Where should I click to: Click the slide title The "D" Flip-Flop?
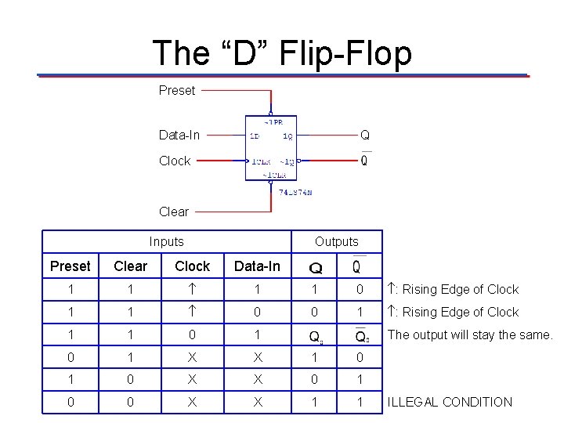282,52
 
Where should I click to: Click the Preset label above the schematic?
177,90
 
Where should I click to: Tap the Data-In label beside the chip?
179,135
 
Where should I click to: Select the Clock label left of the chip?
175,161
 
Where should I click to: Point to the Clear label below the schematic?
174,211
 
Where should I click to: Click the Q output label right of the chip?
364,135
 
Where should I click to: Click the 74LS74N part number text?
295,193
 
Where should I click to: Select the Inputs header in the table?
166,242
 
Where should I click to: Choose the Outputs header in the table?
337,242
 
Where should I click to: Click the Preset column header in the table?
70,266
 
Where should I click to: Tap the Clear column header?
130,266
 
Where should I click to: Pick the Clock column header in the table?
192,266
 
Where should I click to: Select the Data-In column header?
257,266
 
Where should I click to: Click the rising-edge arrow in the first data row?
192,290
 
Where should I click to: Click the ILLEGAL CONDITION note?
450,402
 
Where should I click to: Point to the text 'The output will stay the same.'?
471,334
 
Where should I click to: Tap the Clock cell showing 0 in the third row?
192,335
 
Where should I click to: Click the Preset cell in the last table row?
70,403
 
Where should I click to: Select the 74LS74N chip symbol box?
271,147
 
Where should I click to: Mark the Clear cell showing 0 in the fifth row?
130,380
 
